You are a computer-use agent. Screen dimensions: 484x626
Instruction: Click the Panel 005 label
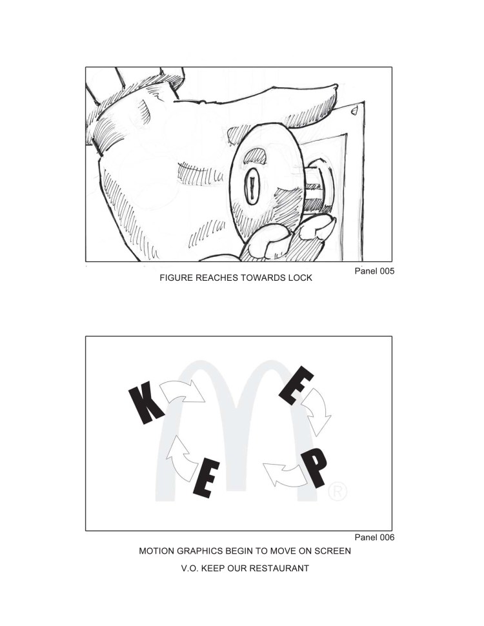pos(374,271)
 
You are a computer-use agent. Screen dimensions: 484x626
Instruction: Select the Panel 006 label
pos(374,538)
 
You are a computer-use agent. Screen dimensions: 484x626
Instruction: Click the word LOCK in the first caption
pos(300,278)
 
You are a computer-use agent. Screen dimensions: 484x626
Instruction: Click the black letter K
pos(146,402)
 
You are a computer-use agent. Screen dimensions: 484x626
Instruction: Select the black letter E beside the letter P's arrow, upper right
pos(296,385)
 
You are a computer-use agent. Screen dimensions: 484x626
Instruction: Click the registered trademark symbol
pos(338,492)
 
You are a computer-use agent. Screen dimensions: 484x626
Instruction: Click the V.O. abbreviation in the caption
pos(190,568)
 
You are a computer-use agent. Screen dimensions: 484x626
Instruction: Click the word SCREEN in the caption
pos(332,551)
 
